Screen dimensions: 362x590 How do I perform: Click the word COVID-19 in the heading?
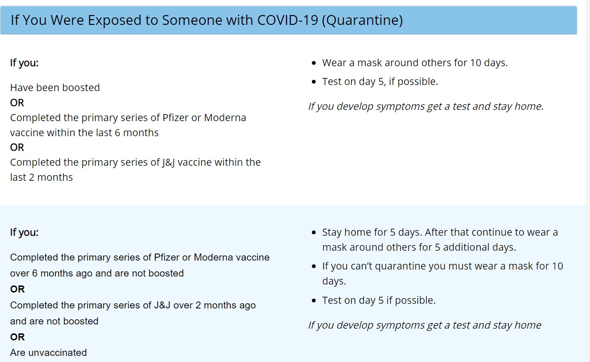[287, 20]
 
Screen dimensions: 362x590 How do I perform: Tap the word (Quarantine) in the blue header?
[362, 20]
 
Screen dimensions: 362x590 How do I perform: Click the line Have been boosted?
[55, 88]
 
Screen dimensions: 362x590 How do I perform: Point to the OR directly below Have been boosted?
[17, 103]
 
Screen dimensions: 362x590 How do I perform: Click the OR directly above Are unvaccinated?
[17, 337]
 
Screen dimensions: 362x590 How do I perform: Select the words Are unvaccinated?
[48, 353]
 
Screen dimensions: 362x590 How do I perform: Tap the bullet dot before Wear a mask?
[315, 63]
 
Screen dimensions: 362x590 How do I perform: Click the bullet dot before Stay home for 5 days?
[315, 233]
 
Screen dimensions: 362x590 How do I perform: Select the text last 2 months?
[41, 177]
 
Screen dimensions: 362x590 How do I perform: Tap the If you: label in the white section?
[24, 63]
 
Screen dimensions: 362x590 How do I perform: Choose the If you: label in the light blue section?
[24, 232]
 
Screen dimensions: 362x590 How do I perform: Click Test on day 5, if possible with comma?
[380, 82]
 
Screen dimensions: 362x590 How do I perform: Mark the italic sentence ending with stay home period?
[425, 107]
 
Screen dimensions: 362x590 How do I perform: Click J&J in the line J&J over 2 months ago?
[163, 305]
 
